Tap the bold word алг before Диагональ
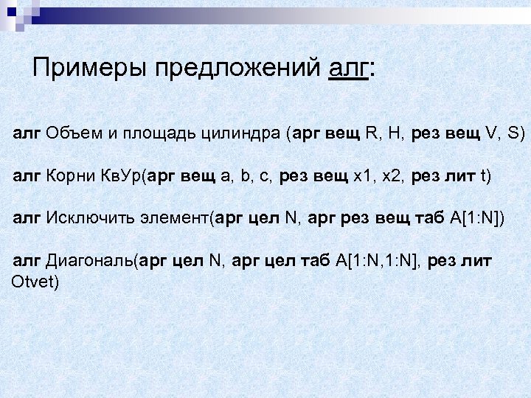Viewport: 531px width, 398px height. click(27, 261)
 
